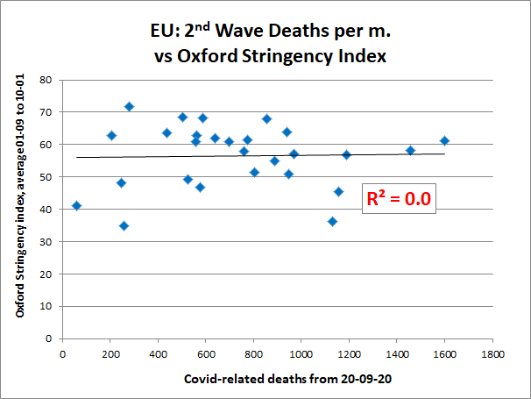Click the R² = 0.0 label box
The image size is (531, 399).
(398, 199)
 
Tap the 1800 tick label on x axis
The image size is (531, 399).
(492, 354)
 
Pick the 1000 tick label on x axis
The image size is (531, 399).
(301, 354)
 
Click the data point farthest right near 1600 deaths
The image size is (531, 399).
(444, 140)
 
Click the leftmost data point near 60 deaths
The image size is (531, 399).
(76, 205)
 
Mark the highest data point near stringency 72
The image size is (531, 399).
(129, 106)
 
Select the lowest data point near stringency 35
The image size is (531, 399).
(124, 225)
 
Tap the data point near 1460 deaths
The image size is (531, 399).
(410, 150)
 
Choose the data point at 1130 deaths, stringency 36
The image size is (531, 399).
(332, 221)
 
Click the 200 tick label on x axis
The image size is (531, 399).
(110, 354)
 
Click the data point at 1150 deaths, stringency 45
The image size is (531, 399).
(338, 191)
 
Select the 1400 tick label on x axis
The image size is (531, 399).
(397, 354)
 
